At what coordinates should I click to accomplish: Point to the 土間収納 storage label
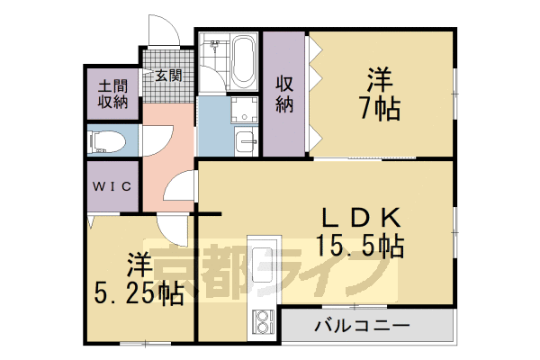[x=114, y=93]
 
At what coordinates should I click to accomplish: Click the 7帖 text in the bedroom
[x=382, y=110]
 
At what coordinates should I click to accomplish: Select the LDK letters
[x=360, y=216]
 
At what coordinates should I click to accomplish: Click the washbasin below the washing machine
[x=244, y=141]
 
